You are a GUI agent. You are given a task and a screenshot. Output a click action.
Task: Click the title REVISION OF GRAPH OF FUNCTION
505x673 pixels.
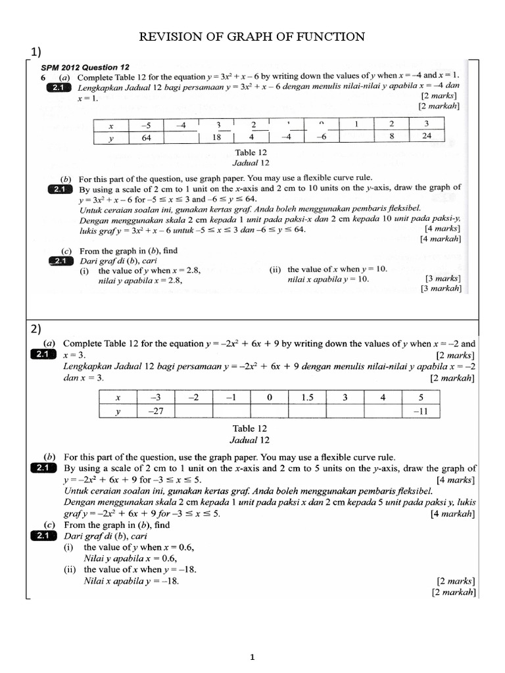[252, 37]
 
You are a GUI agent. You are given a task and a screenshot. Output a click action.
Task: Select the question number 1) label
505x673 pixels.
[37, 52]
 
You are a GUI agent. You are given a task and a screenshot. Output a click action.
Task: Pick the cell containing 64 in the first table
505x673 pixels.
[147, 137]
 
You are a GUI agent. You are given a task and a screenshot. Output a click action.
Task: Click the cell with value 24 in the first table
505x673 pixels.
[426, 137]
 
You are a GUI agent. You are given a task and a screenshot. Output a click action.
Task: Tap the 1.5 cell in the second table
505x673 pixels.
[307, 397]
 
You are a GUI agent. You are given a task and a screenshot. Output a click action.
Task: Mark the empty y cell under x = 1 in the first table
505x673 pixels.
[356, 137]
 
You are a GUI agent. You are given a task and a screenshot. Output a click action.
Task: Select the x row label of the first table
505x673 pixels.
[111, 124]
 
